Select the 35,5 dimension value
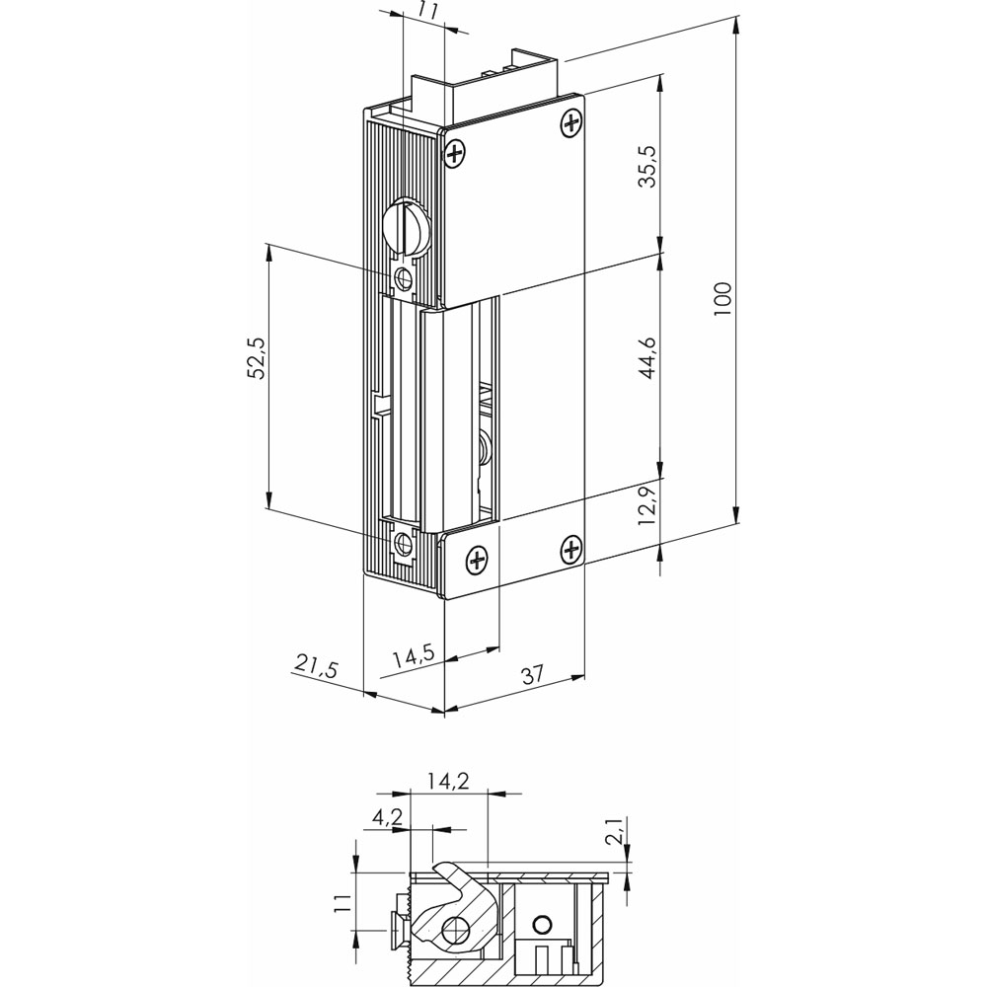point(647,166)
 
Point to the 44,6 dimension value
point(647,358)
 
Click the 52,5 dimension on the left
point(257,358)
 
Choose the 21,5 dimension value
point(315,664)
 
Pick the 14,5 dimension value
point(415,657)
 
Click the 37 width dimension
point(533,674)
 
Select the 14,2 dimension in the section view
point(448,781)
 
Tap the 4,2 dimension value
point(388,817)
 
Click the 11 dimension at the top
point(426,11)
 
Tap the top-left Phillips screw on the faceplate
point(455,154)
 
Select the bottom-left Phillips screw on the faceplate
point(477,560)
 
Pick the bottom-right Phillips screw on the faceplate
point(570,550)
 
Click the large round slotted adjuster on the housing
point(406,225)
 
